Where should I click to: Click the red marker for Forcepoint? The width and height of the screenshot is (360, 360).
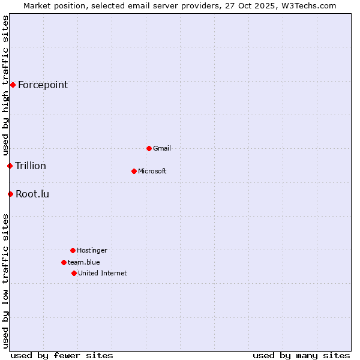[13, 85]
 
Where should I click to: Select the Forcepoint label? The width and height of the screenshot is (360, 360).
[43, 85]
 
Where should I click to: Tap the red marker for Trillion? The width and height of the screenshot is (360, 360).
[10, 166]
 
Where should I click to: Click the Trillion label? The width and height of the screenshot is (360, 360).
[31, 166]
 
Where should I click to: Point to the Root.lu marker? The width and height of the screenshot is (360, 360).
[10, 194]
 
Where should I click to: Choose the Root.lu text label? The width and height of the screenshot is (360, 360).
[32, 194]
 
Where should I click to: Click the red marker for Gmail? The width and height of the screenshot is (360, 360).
[149, 148]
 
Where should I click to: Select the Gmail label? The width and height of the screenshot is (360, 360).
[162, 148]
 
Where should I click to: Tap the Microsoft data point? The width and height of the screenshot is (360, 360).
[134, 171]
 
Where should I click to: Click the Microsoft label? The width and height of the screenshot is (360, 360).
[152, 171]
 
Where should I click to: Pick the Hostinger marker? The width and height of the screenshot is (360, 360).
[73, 250]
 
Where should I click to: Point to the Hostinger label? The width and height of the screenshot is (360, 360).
[92, 250]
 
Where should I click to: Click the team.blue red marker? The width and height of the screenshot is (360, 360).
[64, 262]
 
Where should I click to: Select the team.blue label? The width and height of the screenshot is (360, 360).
[84, 262]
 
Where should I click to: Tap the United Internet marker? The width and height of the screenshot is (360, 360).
[74, 273]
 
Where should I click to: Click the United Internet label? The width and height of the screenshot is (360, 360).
[103, 273]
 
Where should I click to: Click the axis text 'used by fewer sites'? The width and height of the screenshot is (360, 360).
[62, 355]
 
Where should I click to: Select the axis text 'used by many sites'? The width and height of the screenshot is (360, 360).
[301, 355]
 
